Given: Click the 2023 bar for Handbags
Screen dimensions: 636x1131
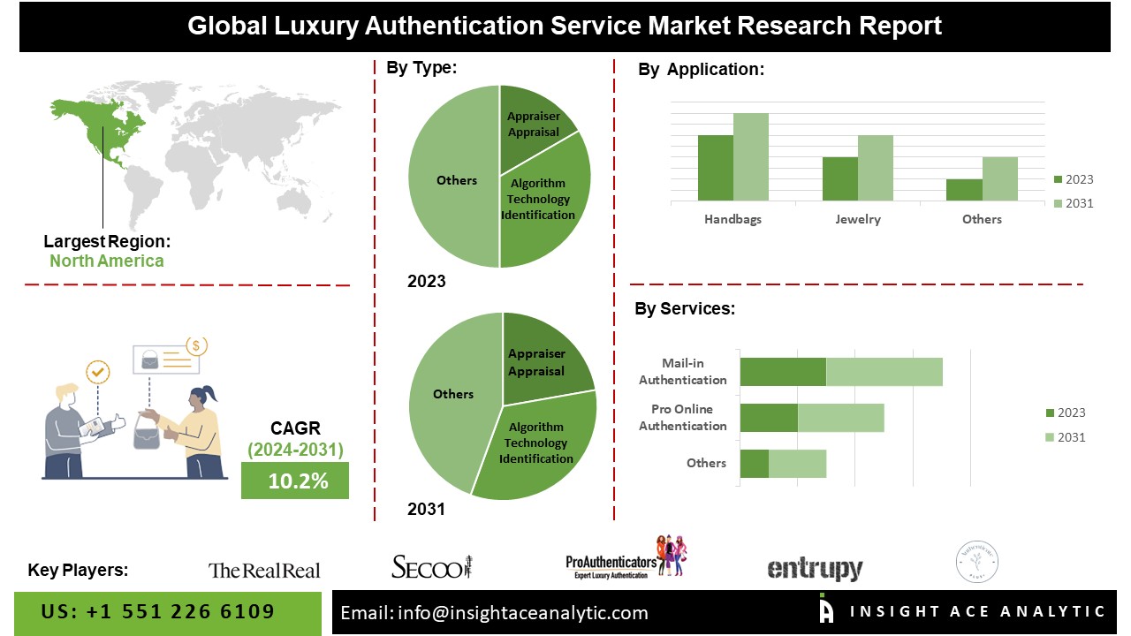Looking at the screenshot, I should (x=716, y=168).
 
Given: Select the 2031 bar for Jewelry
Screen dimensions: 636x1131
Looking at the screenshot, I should (x=876, y=168).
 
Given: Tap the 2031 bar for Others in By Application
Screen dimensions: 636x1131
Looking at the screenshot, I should (x=999, y=178).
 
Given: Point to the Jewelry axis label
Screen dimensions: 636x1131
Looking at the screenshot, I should (x=858, y=219).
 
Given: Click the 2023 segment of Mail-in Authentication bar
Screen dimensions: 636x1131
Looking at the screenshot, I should (x=783, y=372).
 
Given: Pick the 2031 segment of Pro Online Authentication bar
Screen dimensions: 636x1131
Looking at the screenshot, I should (x=840, y=418).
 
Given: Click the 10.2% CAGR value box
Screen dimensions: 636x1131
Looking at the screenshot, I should (x=295, y=481).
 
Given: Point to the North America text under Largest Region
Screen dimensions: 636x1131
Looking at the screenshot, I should (x=106, y=261).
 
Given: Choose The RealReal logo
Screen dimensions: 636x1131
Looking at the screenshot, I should (x=264, y=571).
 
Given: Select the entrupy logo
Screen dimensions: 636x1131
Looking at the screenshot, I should (x=815, y=569).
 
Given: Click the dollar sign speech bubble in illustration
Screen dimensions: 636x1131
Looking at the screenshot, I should (x=195, y=345).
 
